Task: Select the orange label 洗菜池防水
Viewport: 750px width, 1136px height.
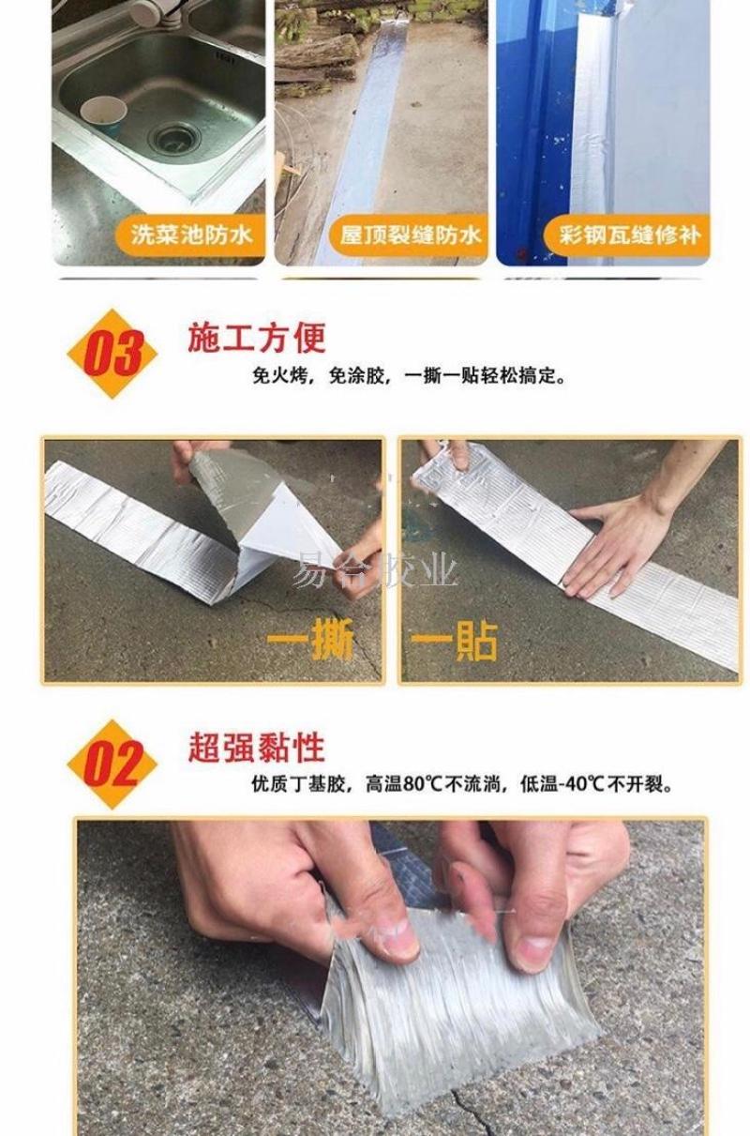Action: point(191,235)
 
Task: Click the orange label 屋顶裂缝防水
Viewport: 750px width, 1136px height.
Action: point(409,235)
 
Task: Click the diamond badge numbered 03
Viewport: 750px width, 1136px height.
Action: point(112,354)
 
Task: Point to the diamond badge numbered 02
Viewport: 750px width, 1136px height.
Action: point(112,765)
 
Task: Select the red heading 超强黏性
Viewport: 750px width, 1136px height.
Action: point(257,748)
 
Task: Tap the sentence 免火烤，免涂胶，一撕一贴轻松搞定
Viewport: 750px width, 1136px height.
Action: point(409,377)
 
